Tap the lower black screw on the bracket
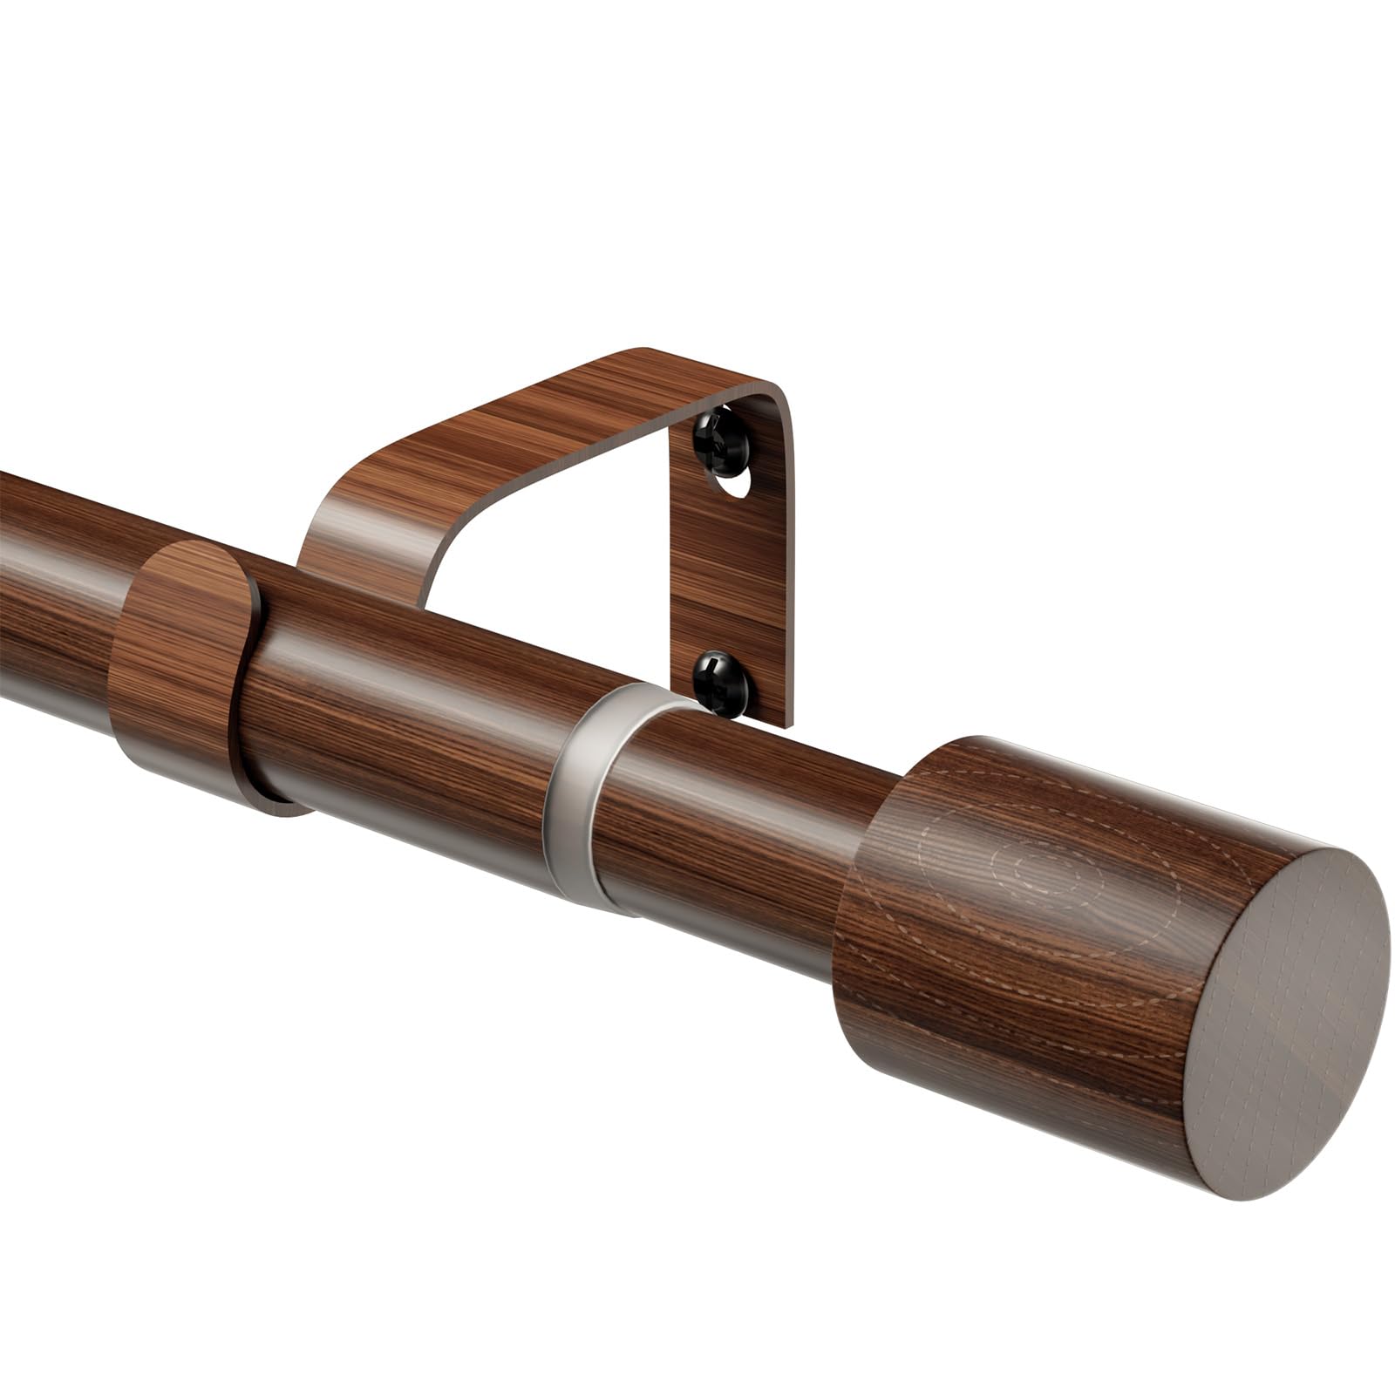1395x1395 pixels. (720, 684)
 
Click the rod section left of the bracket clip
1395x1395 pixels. (52, 584)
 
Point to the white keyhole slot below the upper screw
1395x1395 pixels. (738, 484)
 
